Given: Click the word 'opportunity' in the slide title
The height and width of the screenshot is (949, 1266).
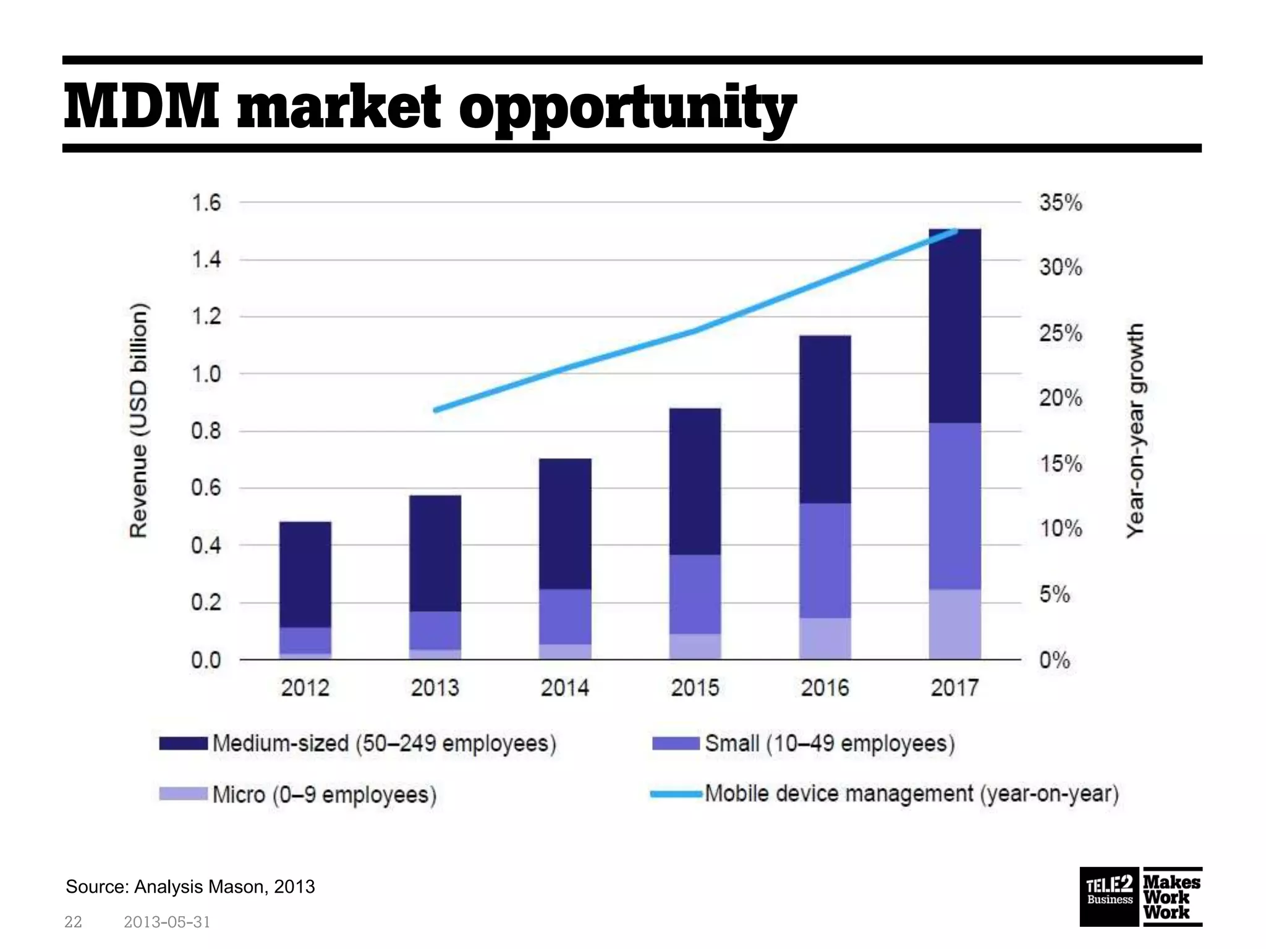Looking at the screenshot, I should [x=627, y=110].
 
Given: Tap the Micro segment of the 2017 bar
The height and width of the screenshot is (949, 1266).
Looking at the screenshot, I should [x=954, y=624].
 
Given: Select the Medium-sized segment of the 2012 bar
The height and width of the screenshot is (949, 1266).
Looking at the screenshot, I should [x=305, y=575].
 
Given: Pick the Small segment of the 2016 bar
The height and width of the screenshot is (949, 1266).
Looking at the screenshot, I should [x=825, y=560].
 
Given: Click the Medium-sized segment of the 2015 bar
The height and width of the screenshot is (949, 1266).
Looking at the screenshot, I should [x=695, y=481].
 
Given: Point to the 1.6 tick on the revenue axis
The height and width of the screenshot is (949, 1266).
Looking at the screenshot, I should [x=206, y=203].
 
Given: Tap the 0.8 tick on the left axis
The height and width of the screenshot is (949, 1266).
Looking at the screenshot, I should [x=206, y=431].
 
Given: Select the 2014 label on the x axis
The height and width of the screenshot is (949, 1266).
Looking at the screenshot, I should [x=564, y=688].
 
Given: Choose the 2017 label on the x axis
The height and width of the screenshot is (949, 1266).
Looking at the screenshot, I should [x=954, y=688].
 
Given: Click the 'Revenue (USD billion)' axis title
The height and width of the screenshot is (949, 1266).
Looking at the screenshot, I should [x=139, y=421].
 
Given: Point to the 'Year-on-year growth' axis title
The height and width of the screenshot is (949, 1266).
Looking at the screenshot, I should [x=1136, y=431].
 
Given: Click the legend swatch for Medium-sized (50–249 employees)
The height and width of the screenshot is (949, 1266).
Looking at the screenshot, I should [x=183, y=743].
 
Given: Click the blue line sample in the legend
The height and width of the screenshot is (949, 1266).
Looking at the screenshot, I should [x=676, y=795].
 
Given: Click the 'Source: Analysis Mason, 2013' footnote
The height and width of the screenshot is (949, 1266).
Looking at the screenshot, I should [x=190, y=887].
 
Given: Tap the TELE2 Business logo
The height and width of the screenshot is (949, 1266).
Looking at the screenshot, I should [x=1110, y=897].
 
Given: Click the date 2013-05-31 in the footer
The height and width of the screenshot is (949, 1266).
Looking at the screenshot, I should [x=167, y=922].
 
